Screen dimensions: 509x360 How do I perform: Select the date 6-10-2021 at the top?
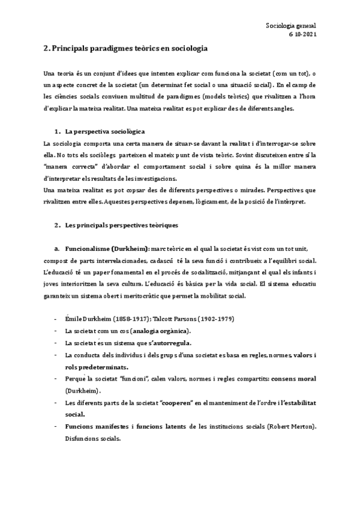click(302, 34)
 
